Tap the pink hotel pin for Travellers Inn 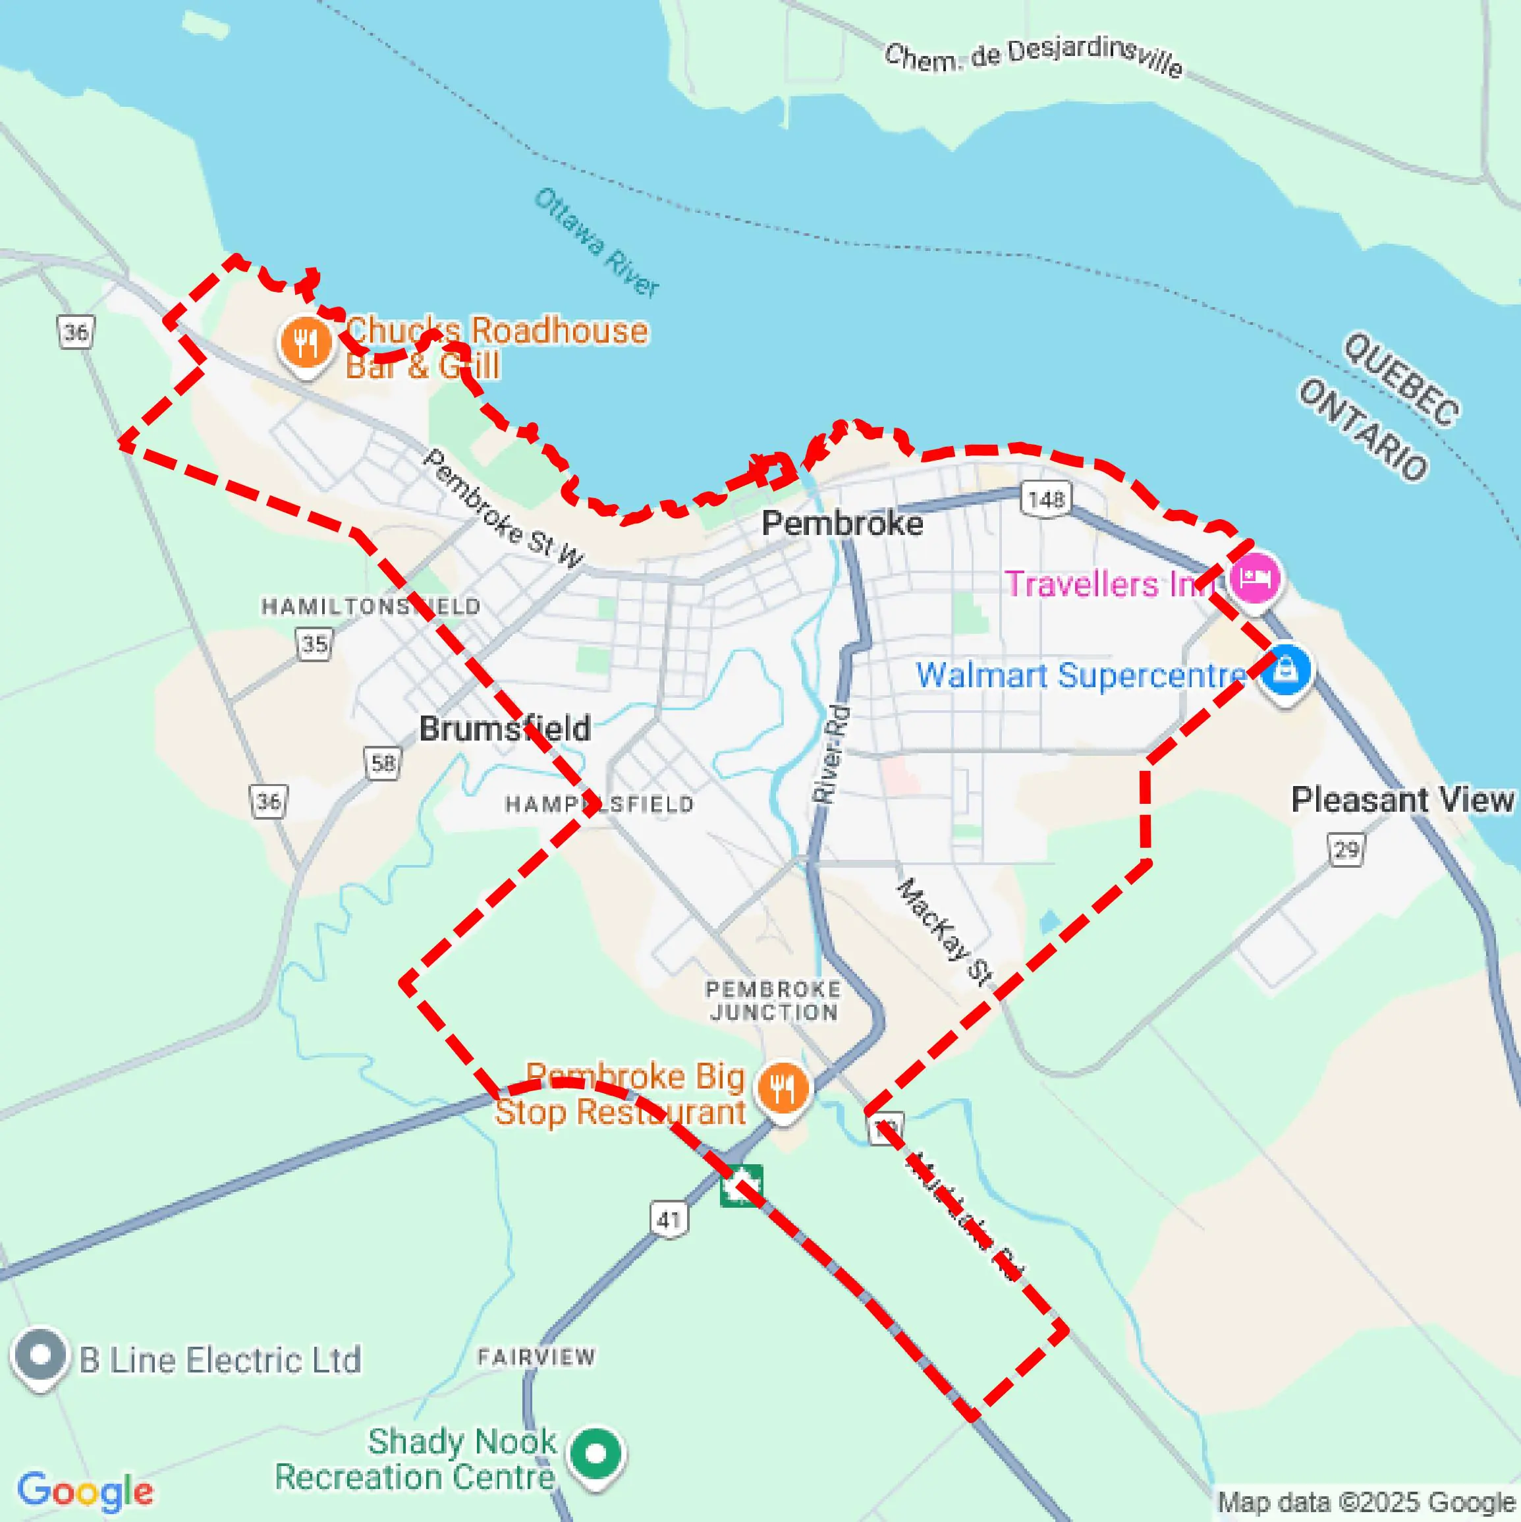point(1254,579)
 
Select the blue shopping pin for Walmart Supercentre point(1285,671)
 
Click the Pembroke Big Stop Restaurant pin point(782,1088)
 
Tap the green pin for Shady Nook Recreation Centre point(596,1453)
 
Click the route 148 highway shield point(1046,499)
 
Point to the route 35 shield point(314,644)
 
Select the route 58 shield point(383,762)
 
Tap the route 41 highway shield point(669,1220)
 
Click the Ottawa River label point(596,242)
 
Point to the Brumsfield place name point(504,729)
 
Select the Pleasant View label point(1402,800)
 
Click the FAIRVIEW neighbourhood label point(536,1357)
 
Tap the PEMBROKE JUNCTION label point(773,1000)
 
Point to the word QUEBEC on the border point(1401,378)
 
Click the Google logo point(85,1490)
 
